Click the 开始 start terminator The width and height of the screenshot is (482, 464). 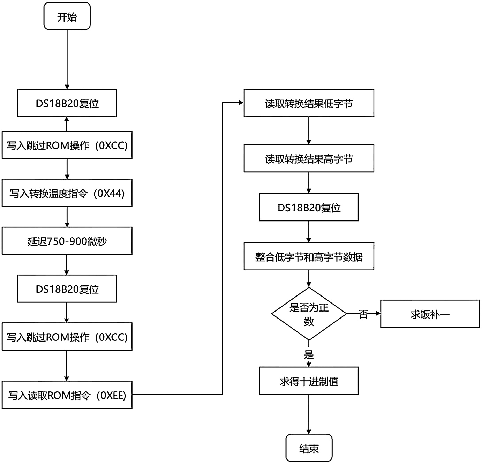click(67, 16)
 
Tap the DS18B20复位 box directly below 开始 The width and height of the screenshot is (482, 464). click(67, 103)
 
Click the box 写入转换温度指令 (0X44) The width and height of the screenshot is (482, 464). click(67, 193)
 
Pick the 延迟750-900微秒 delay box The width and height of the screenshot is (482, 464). click(67, 241)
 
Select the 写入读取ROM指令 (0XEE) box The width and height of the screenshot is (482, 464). click(67, 395)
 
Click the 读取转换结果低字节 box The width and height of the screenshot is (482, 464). click(309, 103)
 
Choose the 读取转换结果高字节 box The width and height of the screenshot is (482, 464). click(309, 158)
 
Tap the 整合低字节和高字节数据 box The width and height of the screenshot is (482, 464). click(309, 256)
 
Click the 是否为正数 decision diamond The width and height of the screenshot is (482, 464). click(309, 314)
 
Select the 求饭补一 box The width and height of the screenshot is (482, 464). click(430, 314)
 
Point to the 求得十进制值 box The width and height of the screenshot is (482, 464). click(309, 381)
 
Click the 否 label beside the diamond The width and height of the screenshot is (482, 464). click(363, 314)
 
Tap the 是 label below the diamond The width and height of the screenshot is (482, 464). click(309, 355)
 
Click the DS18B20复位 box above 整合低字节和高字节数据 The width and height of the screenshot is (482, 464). click(309, 207)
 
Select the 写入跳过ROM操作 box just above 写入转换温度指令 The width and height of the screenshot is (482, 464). click(67, 145)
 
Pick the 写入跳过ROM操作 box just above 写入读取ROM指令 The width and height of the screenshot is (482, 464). click(67, 336)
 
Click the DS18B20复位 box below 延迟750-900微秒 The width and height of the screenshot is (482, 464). click(67, 289)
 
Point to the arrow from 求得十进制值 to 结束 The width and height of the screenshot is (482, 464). click(309, 414)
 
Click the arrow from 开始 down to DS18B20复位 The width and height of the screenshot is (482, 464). click(67, 59)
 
